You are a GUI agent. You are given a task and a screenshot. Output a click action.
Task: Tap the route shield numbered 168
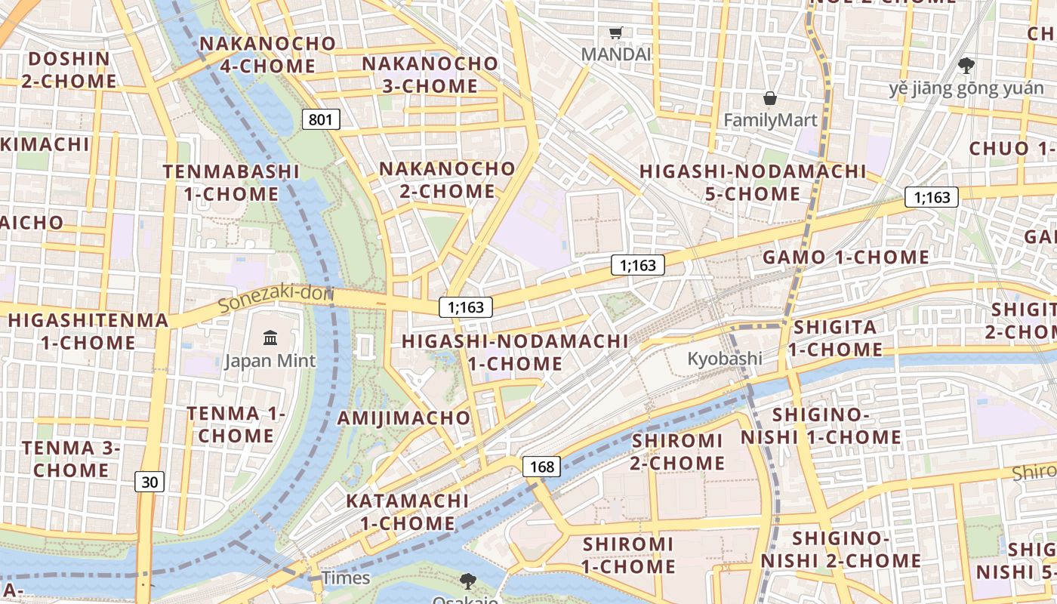(542, 467)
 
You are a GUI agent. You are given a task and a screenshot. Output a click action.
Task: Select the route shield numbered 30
(149, 482)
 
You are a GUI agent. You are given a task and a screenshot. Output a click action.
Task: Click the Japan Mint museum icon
(270, 337)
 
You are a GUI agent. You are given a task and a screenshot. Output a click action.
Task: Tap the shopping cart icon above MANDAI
(616, 32)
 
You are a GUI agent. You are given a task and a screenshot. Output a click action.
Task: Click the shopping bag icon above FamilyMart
(770, 98)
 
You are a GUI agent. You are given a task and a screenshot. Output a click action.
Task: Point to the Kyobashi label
(724, 359)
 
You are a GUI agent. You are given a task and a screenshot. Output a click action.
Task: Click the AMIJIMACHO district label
(404, 418)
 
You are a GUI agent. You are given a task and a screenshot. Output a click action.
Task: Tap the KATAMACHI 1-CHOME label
(408, 512)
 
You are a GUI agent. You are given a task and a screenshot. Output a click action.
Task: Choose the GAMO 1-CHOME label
(846, 257)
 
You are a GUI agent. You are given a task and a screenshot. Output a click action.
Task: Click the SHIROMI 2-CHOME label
(677, 451)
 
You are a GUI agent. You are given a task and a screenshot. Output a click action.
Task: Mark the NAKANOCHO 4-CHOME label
(268, 54)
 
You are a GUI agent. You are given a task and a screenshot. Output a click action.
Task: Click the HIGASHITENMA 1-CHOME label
(88, 331)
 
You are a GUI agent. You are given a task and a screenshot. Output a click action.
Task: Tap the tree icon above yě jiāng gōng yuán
(966, 66)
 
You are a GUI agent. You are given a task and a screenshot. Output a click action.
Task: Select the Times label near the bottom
(346, 578)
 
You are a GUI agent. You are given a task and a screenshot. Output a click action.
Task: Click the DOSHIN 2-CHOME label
(69, 69)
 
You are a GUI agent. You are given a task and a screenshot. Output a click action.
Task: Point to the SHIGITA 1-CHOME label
(835, 338)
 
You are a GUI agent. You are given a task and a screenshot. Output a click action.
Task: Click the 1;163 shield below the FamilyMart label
(932, 198)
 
